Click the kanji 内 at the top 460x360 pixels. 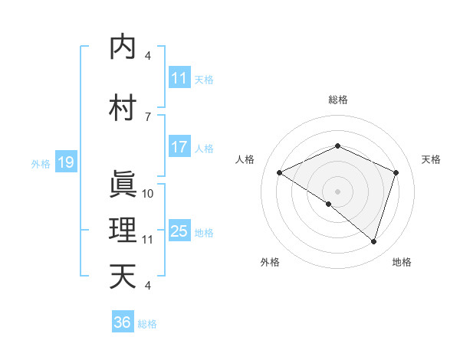123,47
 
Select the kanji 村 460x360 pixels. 123,108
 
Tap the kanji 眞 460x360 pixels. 123,185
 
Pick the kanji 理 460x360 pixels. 123,231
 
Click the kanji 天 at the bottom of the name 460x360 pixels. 123,277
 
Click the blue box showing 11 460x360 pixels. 179,78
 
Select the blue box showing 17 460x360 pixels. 179,147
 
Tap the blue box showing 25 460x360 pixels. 179,231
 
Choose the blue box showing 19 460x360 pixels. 65,162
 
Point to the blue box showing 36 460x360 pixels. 123,322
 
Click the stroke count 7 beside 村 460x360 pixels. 148,116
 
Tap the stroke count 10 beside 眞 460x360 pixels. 148,193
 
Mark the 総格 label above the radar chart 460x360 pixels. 337,100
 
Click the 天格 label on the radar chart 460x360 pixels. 431,159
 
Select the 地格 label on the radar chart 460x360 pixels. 402,262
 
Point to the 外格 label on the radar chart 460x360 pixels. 270,262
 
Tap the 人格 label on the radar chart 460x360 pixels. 245,159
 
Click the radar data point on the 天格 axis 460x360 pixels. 396,172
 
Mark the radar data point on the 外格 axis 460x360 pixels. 329,204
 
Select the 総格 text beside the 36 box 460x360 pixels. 147,324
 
